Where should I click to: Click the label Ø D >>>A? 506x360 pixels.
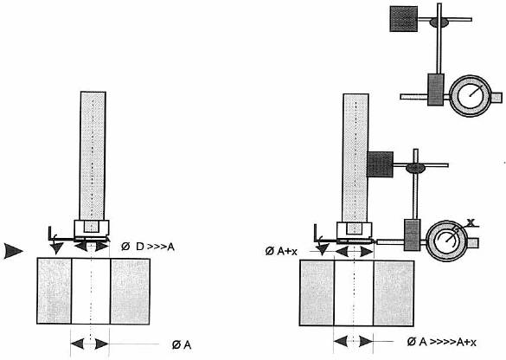(148, 247)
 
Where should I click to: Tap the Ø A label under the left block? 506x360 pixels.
(182, 344)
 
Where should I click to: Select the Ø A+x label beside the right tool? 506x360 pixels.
(281, 251)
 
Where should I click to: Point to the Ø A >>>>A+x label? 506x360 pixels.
(441, 342)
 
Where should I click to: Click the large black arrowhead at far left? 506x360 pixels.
(13, 251)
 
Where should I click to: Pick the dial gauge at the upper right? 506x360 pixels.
(471, 95)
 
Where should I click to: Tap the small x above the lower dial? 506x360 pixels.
(471, 222)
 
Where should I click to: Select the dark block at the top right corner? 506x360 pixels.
(404, 19)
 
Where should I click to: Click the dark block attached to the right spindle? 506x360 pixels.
(380, 164)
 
